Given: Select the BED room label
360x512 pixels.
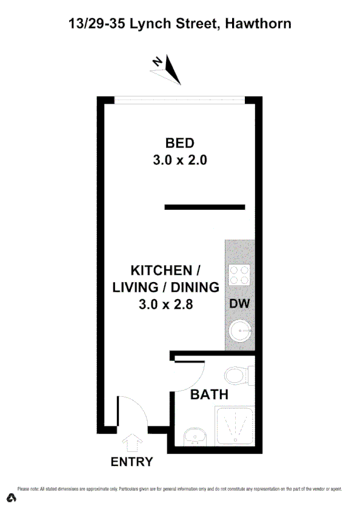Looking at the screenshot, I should [179, 143].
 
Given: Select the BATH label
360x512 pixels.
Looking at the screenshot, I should [210, 395].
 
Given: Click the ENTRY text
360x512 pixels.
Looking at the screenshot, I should [132, 462].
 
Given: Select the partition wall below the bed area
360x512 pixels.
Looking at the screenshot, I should [205, 207].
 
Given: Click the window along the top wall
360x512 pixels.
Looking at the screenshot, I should [179, 99].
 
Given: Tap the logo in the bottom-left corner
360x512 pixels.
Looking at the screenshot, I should [12, 498].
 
